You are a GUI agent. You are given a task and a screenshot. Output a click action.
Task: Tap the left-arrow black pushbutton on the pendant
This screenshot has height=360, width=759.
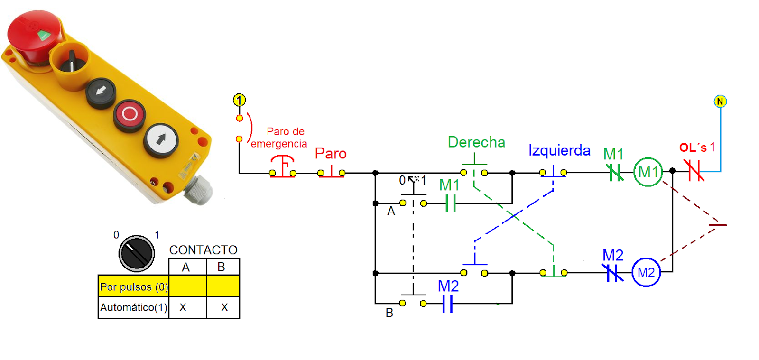pos(101,91)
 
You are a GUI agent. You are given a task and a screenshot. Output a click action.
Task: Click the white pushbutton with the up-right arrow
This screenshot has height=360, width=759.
pos(161,139)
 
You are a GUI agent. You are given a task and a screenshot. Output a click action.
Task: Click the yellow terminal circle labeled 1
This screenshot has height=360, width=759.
pos(239,100)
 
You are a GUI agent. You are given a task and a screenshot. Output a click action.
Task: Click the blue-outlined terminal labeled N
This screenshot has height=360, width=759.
pos(720,101)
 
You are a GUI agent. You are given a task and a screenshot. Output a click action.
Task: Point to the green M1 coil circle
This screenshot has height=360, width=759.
pos(648,172)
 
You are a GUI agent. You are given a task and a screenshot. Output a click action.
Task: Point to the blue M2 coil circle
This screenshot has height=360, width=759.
pos(646,272)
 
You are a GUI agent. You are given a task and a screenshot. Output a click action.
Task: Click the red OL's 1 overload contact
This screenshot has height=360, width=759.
pos(694,171)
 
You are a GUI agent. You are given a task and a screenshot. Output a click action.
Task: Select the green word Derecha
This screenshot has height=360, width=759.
pos(476,142)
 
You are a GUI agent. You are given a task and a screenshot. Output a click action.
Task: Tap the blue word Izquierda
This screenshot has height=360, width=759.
pos(559,150)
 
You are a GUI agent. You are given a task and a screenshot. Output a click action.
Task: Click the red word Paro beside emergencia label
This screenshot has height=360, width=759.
pos(331,154)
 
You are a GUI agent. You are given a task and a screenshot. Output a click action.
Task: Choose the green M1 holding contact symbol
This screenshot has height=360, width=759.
pos(451,203)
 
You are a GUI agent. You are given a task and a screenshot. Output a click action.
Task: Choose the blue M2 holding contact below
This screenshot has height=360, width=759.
pos(447,304)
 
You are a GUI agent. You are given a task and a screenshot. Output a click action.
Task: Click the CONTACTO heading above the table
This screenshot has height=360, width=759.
pos(203,250)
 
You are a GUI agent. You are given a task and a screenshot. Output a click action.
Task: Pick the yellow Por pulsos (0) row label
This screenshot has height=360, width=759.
pos(133,287)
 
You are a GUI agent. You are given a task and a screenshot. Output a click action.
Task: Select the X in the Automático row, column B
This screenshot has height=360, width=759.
pos(224,307)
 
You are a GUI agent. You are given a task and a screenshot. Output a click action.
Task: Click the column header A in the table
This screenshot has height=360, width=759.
pos(185,267)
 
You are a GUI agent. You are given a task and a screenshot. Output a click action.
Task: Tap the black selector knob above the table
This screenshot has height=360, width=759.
pos(137,253)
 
